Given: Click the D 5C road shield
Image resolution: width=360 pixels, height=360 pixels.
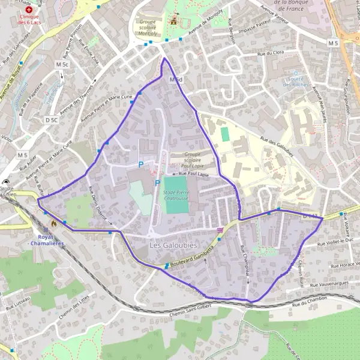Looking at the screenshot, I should [52, 120].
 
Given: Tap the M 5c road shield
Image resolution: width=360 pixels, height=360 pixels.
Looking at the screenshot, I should [62, 64].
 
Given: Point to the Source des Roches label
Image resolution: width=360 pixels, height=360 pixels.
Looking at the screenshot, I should [295, 81].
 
